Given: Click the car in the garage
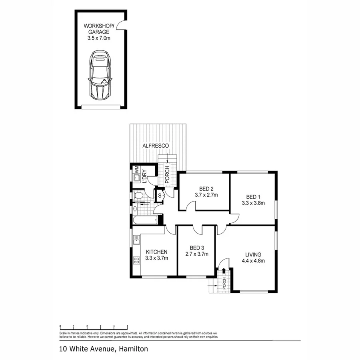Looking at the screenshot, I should point(99,75).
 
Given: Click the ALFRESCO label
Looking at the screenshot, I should point(156,146).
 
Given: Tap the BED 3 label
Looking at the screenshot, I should point(196,247).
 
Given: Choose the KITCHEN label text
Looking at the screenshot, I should point(156,252).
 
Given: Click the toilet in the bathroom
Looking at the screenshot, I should point(138,196).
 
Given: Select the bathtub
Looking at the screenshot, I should point(146,220).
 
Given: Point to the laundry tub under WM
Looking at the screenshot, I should point(136,178).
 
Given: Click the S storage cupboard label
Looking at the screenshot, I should point(160,196).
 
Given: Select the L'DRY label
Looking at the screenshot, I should point(145,176).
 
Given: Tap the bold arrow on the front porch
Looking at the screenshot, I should point(223,272).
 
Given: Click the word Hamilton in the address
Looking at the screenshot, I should point(133,349).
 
